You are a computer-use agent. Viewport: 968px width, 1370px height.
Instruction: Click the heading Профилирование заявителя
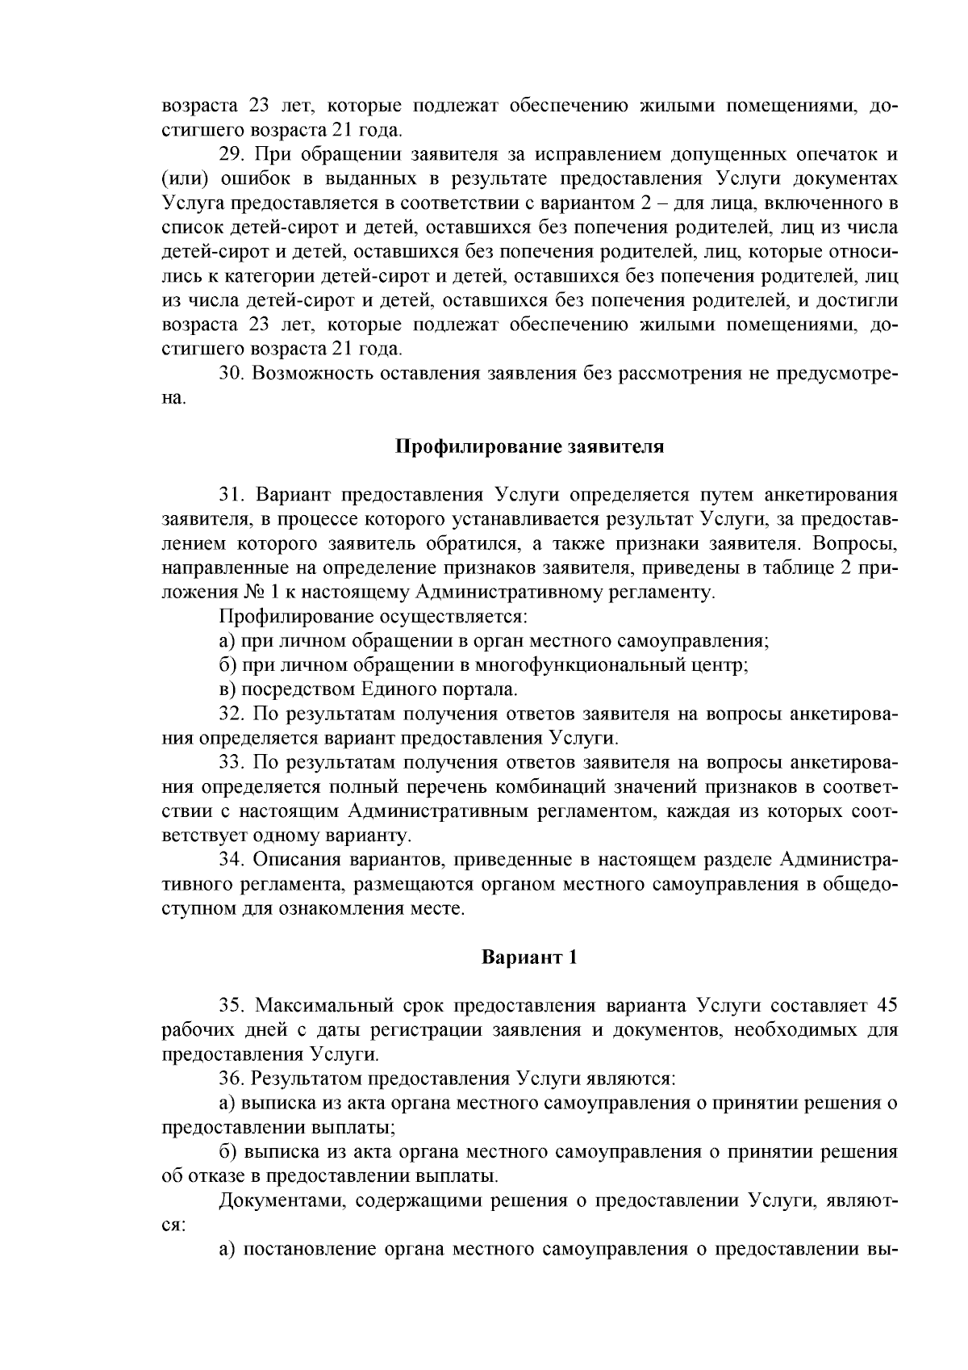529,446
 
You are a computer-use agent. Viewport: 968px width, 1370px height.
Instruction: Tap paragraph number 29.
232,154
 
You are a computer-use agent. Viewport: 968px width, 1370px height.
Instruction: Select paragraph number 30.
232,374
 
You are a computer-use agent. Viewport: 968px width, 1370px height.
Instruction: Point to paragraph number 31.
232,495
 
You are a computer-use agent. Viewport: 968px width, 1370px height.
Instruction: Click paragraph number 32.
232,714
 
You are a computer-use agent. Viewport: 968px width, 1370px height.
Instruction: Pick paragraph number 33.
232,762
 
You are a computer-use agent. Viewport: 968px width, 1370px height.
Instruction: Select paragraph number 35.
232,1006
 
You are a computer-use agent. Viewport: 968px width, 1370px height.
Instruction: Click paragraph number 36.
232,1079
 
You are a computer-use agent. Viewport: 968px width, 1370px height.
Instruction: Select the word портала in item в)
478,689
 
